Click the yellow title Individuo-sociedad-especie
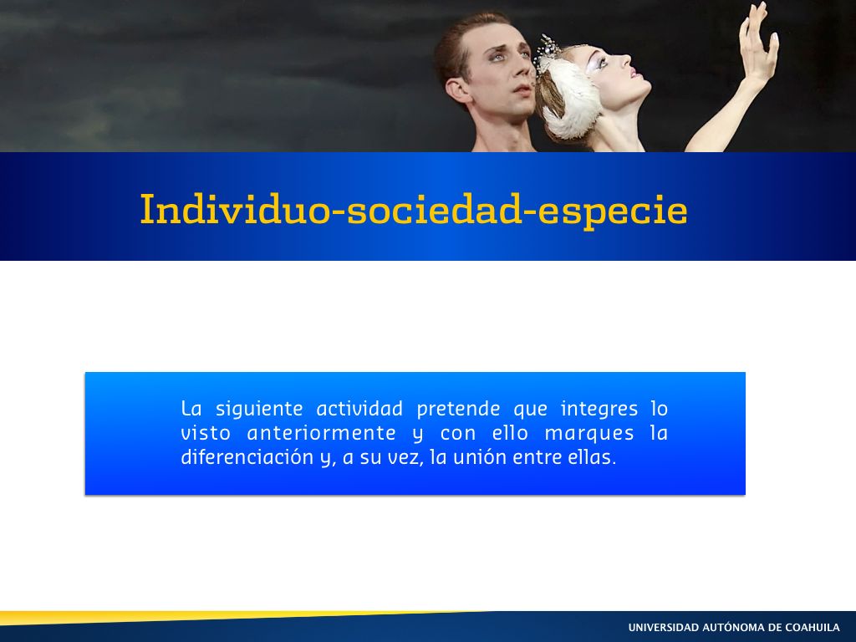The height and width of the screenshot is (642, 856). point(414,210)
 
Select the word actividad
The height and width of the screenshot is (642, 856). point(359,408)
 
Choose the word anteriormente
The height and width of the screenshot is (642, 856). point(321,433)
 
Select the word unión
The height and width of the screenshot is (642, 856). point(479,457)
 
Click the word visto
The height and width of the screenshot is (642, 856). point(206,433)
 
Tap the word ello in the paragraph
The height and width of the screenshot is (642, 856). point(510,433)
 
